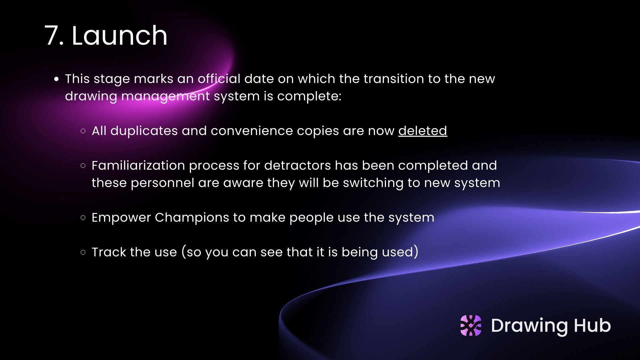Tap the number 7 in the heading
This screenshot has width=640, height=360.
coord(51,36)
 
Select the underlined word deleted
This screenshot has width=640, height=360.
coord(423,131)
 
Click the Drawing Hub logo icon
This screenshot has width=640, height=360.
coord(471,325)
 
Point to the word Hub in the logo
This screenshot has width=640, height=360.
coord(592,325)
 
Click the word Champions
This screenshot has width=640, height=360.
coord(192,218)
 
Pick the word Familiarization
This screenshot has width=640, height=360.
coord(138,165)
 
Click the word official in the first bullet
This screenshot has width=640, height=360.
coord(219,79)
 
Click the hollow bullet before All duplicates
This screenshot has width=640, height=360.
coord(83,131)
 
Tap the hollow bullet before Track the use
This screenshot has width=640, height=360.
coord(83,252)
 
